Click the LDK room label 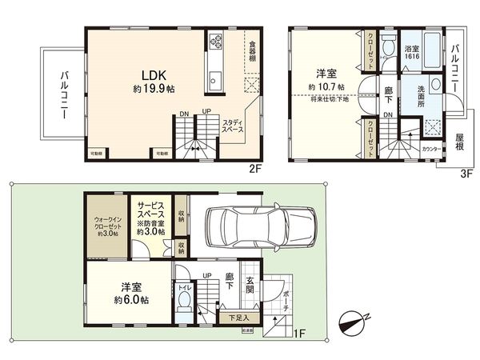coord(150,70)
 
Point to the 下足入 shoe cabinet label coord(238,318)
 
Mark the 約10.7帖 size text coord(326,86)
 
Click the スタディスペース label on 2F coord(234,125)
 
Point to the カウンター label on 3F coord(430,148)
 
